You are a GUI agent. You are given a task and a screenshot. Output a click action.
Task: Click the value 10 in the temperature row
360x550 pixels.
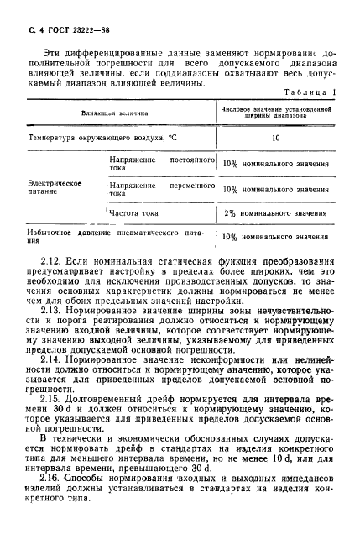tap(275, 136)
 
